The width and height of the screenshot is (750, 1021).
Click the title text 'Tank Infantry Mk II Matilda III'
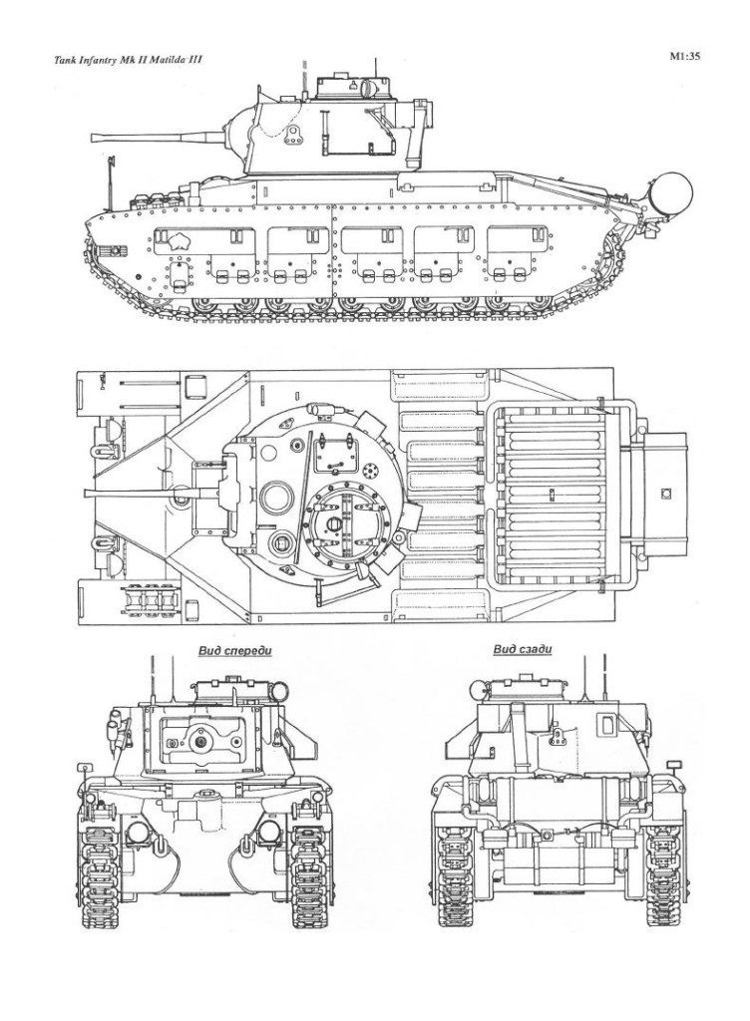[128, 60]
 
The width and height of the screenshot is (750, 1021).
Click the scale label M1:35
[686, 57]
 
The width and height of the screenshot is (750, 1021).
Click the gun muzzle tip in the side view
[92, 137]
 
